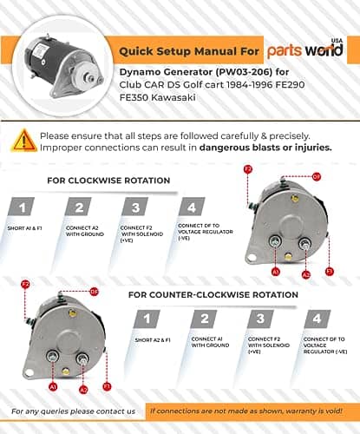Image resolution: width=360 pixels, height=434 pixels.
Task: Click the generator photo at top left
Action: pyautogui.click(x=55, y=58)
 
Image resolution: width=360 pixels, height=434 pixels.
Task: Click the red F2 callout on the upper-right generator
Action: pyautogui.click(x=248, y=168)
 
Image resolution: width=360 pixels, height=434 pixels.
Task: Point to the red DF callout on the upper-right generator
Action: pyautogui.click(x=316, y=176)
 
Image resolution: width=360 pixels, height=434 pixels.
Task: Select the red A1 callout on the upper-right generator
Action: pyautogui.click(x=275, y=272)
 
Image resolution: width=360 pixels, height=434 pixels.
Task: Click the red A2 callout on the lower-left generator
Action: pyautogui.click(x=83, y=390)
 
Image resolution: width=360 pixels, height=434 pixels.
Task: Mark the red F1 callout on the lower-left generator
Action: pyautogui.click(x=107, y=385)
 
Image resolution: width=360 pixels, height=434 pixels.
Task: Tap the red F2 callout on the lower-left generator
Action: pyautogui.click(x=25, y=284)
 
